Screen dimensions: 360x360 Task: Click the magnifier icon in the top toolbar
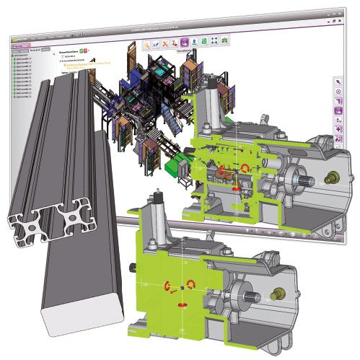(x=147, y=44)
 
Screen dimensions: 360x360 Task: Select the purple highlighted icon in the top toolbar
(x=185, y=43)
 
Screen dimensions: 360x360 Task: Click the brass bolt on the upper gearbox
(x=335, y=175)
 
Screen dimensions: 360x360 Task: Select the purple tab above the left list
(x=18, y=44)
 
